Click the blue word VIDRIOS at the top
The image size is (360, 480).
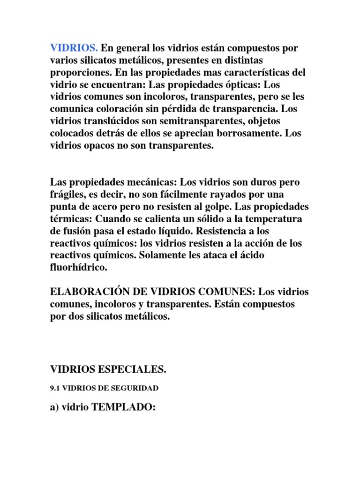(x=74, y=48)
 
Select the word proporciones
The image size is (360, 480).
(x=78, y=73)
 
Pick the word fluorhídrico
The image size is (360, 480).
(x=79, y=268)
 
